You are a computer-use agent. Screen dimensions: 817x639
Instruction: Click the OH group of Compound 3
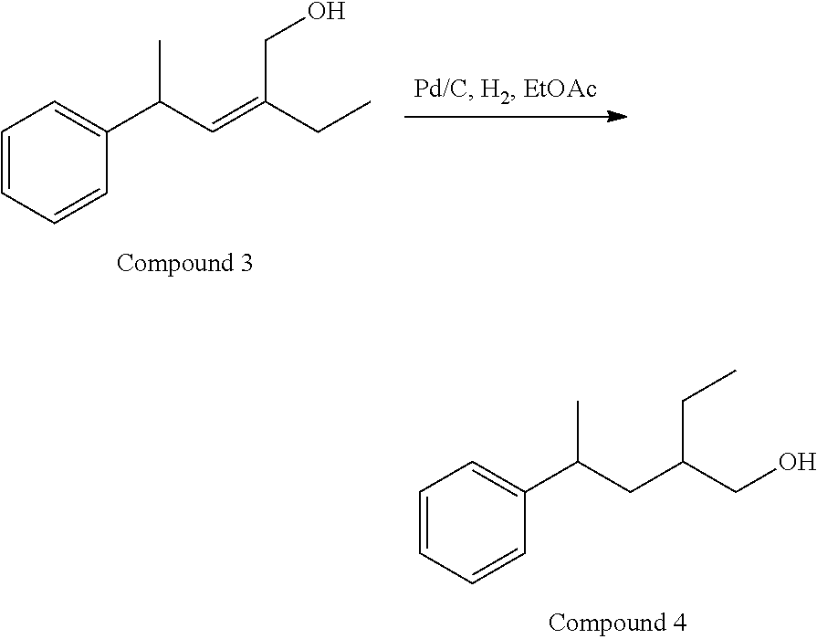tap(326, 14)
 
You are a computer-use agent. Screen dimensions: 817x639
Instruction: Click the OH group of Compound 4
tap(796, 463)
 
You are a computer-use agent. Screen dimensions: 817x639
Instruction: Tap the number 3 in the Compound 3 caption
tap(246, 264)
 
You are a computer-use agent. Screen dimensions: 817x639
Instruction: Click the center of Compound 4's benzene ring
tap(473, 521)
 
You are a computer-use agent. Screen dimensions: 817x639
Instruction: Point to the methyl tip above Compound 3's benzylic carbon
tap(159, 42)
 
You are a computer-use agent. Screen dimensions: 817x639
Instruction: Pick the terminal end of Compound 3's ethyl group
tap(370, 102)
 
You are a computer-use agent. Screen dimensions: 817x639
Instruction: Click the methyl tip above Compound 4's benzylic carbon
tap(578, 402)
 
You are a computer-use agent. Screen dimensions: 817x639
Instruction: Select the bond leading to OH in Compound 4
tap(755, 478)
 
